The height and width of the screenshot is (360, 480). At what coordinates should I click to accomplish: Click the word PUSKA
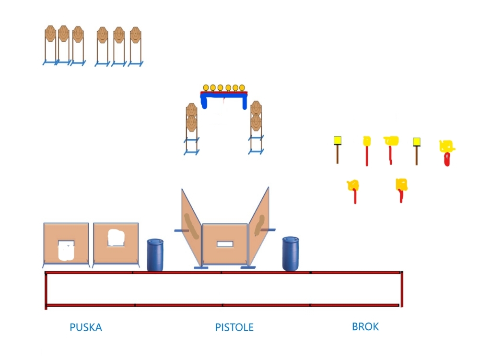[86, 328]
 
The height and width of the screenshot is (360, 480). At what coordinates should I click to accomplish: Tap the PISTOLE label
[234, 328]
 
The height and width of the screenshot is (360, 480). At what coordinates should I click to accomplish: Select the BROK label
[365, 327]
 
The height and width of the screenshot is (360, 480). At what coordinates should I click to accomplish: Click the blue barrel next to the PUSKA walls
[155, 255]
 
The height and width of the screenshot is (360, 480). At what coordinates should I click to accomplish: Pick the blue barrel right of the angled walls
[291, 253]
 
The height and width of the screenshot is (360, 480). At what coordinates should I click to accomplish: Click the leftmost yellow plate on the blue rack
[206, 87]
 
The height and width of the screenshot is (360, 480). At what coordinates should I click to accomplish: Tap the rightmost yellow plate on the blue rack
[243, 87]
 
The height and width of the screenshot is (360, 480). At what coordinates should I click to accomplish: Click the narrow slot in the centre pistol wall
[224, 244]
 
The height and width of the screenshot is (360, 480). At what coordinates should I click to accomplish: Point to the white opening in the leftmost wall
[66, 251]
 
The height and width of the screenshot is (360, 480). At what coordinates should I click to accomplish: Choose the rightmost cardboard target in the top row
[136, 35]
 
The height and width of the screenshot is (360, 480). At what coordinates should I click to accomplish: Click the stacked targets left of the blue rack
[191, 118]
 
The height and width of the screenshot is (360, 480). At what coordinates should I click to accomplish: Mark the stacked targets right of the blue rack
[256, 116]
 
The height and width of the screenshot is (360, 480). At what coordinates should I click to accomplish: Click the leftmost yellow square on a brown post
[338, 141]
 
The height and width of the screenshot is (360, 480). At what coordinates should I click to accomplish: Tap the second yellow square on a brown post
[417, 142]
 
